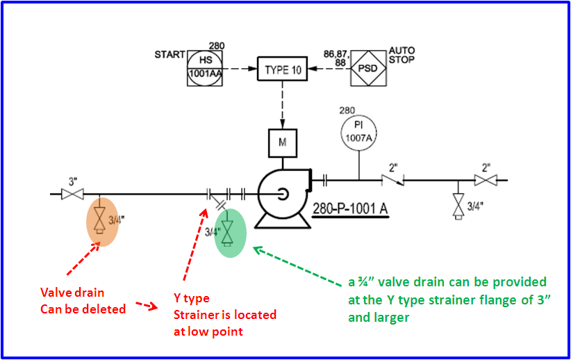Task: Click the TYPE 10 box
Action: click(283, 69)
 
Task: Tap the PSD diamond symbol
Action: click(367, 68)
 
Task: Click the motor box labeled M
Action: click(283, 143)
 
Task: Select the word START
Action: click(169, 55)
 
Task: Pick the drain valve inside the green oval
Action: click(227, 232)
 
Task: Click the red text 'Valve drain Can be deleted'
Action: click(83, 301)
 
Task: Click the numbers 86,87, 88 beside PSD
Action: click(336, 58)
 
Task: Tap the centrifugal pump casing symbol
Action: click(282, 195)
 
